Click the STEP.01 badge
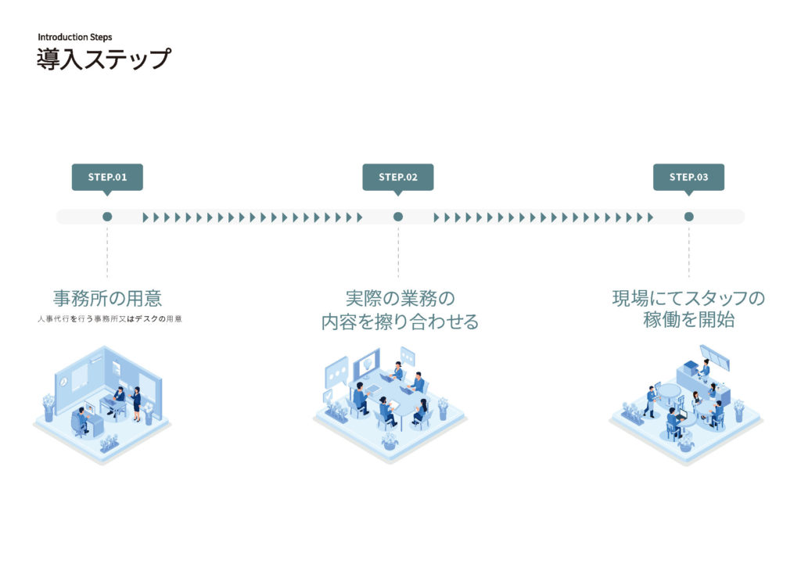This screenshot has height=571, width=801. point(107,177)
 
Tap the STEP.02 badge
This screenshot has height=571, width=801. point(397,177)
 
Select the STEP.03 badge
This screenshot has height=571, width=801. point(688,177)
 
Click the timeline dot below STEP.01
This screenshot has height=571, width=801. point(107,217)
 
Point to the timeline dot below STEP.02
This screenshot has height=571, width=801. point(398,217)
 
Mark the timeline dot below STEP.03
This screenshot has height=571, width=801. point(689,217)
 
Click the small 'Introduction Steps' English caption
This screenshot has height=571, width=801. point(74,37)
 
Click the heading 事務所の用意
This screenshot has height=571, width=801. point(107,298)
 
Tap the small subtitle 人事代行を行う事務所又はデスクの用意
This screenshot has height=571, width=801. point(109,319)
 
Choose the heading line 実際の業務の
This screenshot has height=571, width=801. point(400,298)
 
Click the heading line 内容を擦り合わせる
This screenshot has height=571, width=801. point(400,321)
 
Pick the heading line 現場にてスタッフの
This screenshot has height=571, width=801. point(688,298)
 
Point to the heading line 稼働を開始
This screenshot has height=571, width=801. point(688,321)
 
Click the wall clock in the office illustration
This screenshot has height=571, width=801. point(63,381)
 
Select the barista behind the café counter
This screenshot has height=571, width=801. point(706,366)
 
